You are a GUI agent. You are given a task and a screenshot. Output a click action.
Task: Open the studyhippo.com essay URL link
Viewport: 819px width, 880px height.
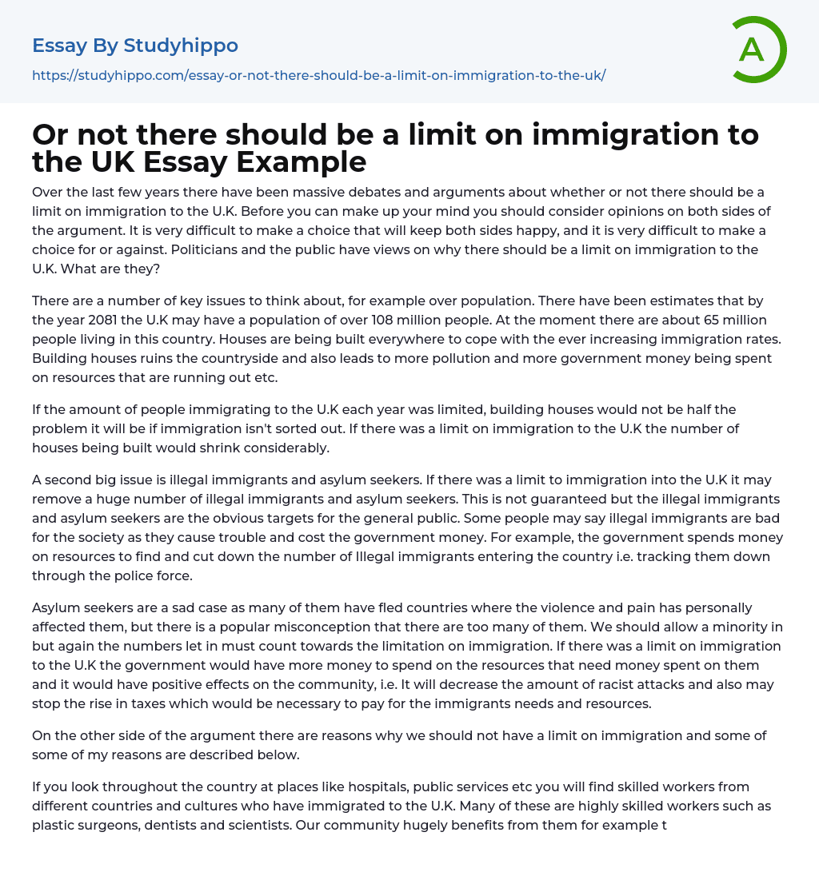[318, 75]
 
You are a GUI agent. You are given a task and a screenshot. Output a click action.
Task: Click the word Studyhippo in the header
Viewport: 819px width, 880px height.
[181, 46]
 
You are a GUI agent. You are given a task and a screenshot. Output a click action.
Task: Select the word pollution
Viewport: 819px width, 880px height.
[469, 358]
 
